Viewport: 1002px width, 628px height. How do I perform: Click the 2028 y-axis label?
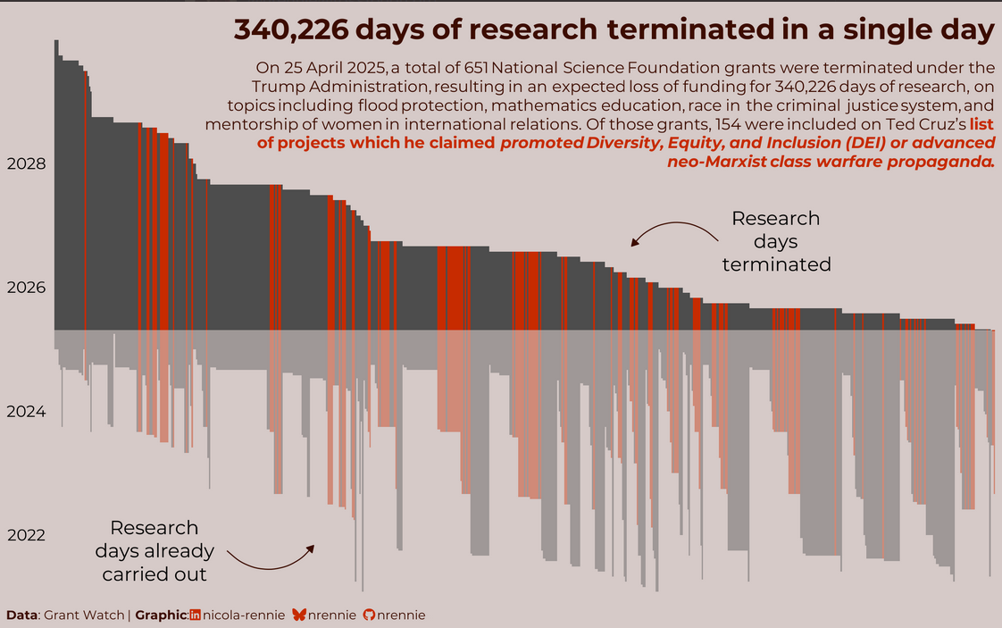coord(26,164)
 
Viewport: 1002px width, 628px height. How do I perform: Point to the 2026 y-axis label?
coord(26,288)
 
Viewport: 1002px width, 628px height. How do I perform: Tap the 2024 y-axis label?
coord(26,412)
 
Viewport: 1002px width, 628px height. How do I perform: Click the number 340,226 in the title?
coord(286,29)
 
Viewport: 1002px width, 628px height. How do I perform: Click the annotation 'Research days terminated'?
coord(775,241)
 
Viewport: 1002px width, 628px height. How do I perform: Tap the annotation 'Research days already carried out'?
coord(154,551)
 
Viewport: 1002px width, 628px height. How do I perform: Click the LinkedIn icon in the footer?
coord(196,615)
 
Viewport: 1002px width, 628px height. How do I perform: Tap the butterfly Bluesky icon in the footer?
coord(299,615)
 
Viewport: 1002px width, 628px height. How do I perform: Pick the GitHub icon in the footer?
coord(370,615)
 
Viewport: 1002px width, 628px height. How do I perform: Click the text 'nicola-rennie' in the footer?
coord(244,615)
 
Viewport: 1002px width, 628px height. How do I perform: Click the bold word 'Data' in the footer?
coord(22,615)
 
